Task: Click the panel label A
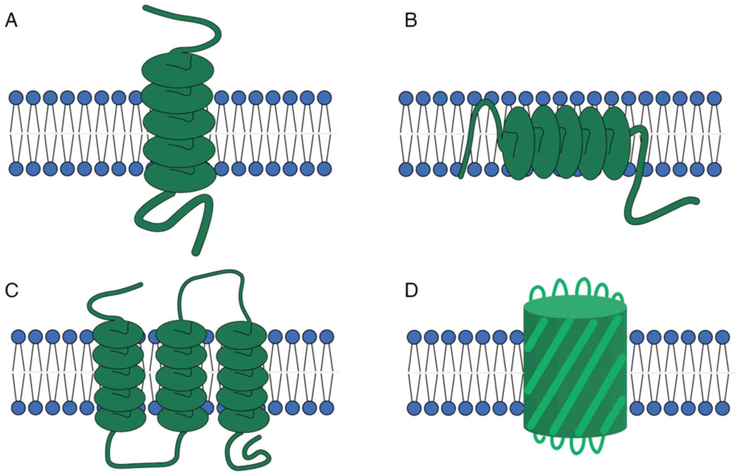click(11, 21)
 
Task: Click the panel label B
click(411, 21)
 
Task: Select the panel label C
click(11, 290)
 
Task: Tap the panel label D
click(411, 290)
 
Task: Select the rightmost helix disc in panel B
click(616, 143)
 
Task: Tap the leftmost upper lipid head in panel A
click(16, 98)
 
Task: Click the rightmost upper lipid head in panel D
click(722, 337)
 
